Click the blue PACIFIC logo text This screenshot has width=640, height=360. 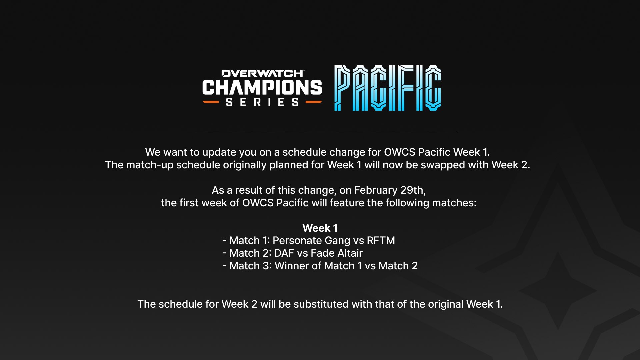pos(387,88)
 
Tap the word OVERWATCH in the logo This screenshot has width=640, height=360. pos(263,73)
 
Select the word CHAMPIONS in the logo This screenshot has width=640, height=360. pos(262,87)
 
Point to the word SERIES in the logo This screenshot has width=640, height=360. pos(262,102)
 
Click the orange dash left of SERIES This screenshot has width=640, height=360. pos(211,102)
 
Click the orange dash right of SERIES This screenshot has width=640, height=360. pos(314,102)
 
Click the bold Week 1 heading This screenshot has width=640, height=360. pos(320,228)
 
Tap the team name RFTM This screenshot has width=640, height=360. pos(381,240)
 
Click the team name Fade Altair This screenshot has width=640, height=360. pos(337,253)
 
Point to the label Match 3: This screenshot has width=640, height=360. pos(250,266)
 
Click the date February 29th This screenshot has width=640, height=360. pos(390,190)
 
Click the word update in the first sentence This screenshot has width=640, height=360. pos(219,152)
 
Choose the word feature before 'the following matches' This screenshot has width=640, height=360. pos(347,203)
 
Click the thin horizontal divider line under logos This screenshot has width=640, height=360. pos(321,132)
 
